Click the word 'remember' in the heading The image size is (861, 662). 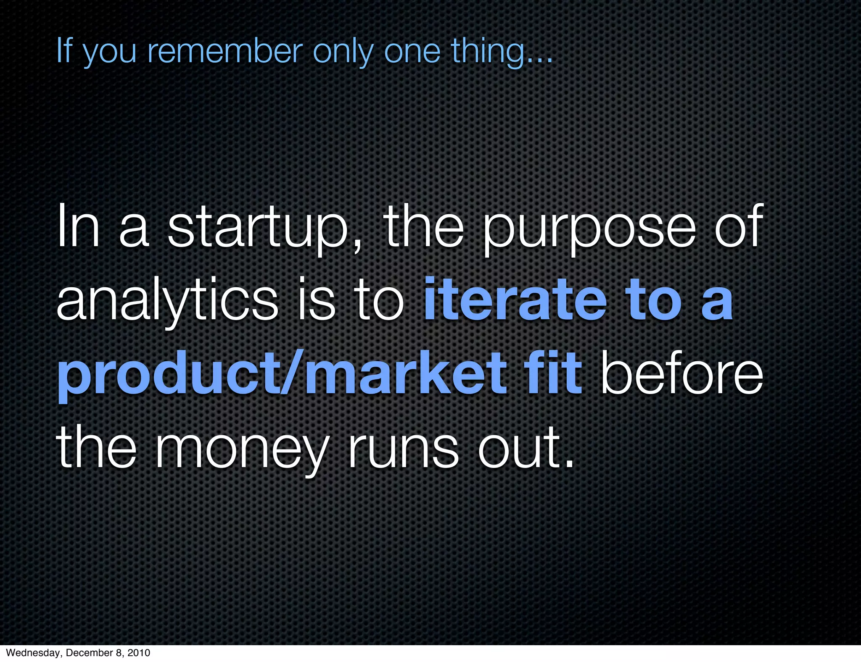click(225, 51)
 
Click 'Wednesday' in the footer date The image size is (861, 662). click(35, 653)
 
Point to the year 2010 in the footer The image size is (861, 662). click(138, 653)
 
